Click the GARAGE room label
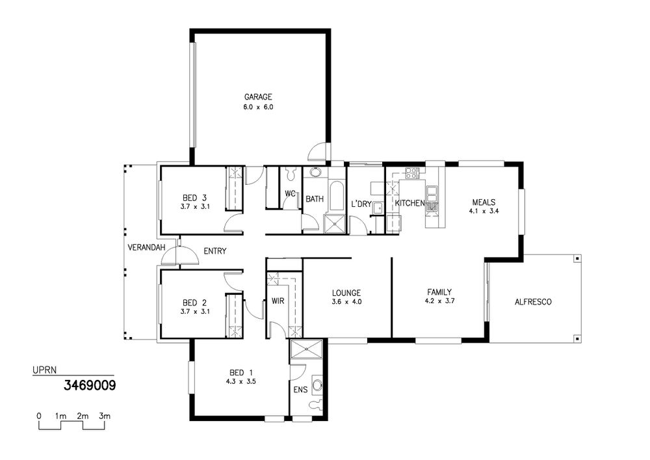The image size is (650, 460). [258, 97]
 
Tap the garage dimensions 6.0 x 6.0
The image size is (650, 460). [258, 107]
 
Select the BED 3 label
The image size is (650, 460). [194, 197]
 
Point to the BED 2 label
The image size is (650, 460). [194, 303]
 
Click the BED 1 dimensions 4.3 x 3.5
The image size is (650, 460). [240, 382]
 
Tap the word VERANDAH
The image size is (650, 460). [146, 248]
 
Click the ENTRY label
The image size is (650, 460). [215, 251]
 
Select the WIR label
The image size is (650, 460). [278, 301]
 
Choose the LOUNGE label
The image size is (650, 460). [346, 293]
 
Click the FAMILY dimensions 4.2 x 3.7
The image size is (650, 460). [439, 301]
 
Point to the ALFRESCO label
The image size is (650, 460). [533, 302]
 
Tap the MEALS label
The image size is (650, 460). [484, 202]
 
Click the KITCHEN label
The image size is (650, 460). [409, 203]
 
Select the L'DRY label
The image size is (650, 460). [361, 204]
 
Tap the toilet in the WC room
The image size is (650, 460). [291, 173]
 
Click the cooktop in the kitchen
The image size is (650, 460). [413, 173]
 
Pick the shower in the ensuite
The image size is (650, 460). [306, 349]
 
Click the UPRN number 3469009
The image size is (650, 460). [90, 386]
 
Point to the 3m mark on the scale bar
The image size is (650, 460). [105, 416]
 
